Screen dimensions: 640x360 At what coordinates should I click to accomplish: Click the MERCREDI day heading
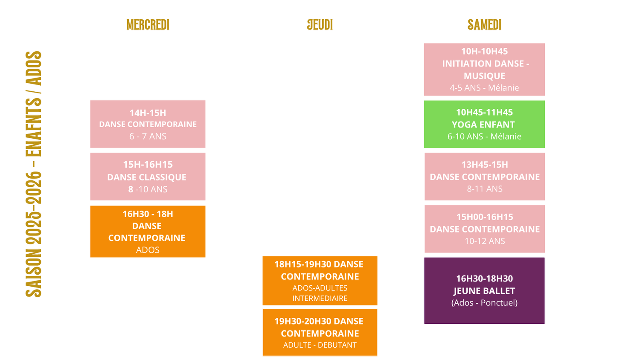click(x=148, y=25)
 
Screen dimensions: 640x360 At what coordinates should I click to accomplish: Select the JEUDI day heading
click(x=320, y=25)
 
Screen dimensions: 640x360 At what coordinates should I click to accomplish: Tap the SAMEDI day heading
click(x=484, y=25)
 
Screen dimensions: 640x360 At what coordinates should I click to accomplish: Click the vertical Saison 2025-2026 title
click(x=34, y=174)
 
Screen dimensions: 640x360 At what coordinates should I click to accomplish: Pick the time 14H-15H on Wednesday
click(x=148, y=113)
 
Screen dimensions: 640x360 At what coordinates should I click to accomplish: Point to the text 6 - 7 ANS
click(x=148, y=136)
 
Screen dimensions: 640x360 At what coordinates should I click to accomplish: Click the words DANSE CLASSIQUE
click(x=147, y=177)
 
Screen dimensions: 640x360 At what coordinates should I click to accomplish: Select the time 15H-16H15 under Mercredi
click(x=148, y=165)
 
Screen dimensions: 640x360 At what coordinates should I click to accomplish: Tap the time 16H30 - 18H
click(x=148, y=214)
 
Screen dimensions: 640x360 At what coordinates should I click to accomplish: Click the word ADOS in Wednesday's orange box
click(x=148, y=250)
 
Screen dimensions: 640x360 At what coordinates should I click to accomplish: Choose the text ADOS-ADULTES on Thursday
click(x=320, y=288)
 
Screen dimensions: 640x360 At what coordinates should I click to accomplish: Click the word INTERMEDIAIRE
click(x=320, y=298)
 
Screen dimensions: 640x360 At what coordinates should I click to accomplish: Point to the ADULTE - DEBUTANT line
click(x=320, y=345)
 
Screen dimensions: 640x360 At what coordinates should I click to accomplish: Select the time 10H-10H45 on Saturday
click(x=484, y=52)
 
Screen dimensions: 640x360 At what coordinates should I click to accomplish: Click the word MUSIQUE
click(x=484, y=76)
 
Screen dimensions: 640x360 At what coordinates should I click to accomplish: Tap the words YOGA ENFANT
click(x=483, y=125)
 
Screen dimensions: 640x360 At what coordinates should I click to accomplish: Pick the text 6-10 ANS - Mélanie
click(x=484, y=136)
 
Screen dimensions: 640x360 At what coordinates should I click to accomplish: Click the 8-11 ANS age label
click(x=485, y=189)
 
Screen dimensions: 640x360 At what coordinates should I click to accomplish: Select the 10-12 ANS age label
click(x=485, y=241)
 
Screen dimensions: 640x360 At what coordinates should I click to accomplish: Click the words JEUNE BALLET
click(x=484, y=291)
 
